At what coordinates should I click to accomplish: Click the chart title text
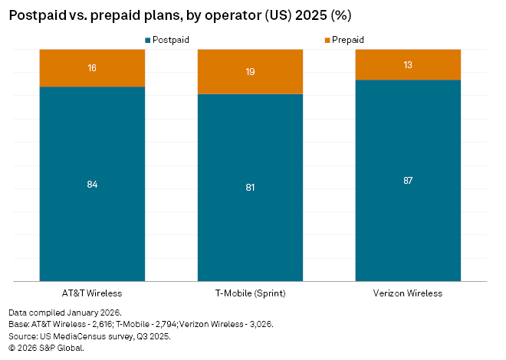(181, 15)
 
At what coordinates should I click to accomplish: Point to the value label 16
(92, 68)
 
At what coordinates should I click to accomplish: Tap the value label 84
(92, 185)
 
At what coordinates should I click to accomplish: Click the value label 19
(250, 72)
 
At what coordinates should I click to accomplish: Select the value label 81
(250, 188)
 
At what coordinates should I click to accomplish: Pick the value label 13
(408, 65)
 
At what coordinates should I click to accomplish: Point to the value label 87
(408, 181)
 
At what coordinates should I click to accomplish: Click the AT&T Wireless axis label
(92, 293)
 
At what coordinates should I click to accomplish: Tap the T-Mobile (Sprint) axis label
(250, 293)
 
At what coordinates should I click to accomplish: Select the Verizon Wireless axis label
(408, 293)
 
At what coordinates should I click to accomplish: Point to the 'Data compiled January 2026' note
(65, 313)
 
